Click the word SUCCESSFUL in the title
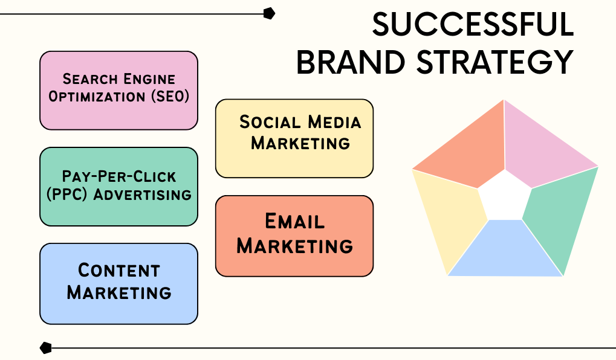point(473,24)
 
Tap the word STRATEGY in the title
point(495,62)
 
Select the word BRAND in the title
point(351,62)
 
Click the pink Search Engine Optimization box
point(118,90)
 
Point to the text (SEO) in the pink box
point(170,97)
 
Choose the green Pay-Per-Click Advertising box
point(118,187)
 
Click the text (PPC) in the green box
point(66,194)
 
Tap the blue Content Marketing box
point(118,284)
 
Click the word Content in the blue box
point(119,271)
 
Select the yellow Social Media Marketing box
point(294,138)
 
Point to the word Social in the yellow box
point(271,122)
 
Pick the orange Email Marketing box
point(294,236)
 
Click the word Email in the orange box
point(294,221)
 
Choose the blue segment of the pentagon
point(505,251)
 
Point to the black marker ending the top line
point(269,13)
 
